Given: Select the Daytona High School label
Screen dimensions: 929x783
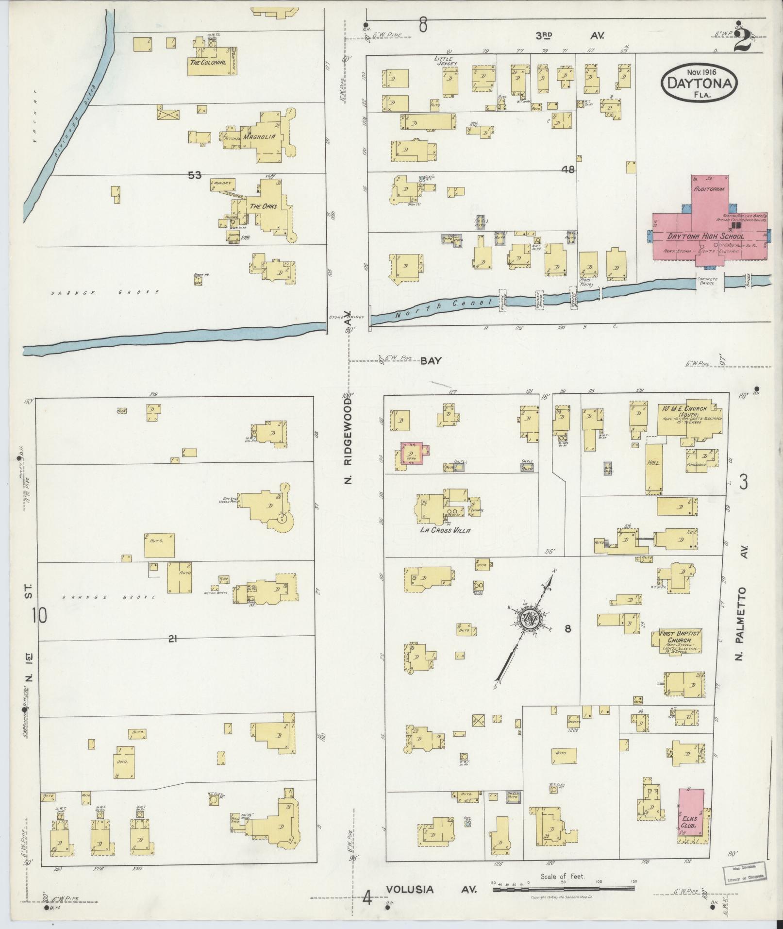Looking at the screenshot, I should [x=705, y=236].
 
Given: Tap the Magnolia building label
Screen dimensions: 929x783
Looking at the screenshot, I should [x=260, y=136].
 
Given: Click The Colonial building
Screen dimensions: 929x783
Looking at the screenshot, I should [x=209, y=62].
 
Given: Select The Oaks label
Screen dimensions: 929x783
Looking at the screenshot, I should [x=263, y=206].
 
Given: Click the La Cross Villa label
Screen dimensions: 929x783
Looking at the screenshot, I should [x=446, y=530].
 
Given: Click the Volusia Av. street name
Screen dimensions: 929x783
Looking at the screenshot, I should [x=432, y=890].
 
